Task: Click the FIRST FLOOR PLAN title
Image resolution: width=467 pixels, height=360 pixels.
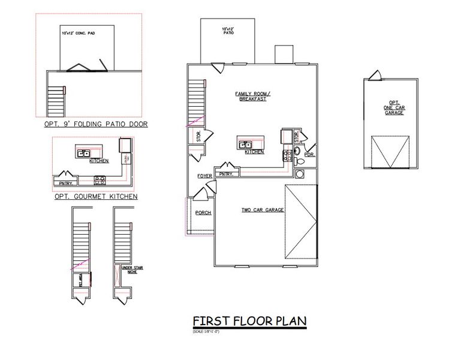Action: pyautogui.click(x=249, y=321)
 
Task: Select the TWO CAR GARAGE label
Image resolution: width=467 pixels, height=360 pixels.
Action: pyautogui.click(x=263, y=210)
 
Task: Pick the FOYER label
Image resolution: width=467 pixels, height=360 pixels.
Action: pyautogui.click(x=205, y=176)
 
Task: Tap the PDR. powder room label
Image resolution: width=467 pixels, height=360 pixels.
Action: pyautogui.click(x=309, y=154)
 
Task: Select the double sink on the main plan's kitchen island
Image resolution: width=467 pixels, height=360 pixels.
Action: pyautogui.click(x=245, y=145)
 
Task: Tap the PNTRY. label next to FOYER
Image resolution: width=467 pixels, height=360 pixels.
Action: pyautogui.click(x=226, y=174)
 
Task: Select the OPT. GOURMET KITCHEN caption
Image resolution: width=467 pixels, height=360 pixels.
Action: pyautogui.click(x=96, y=196)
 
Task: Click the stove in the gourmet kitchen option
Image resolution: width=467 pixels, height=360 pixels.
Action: pyautogui.click(x=100, y=179)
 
